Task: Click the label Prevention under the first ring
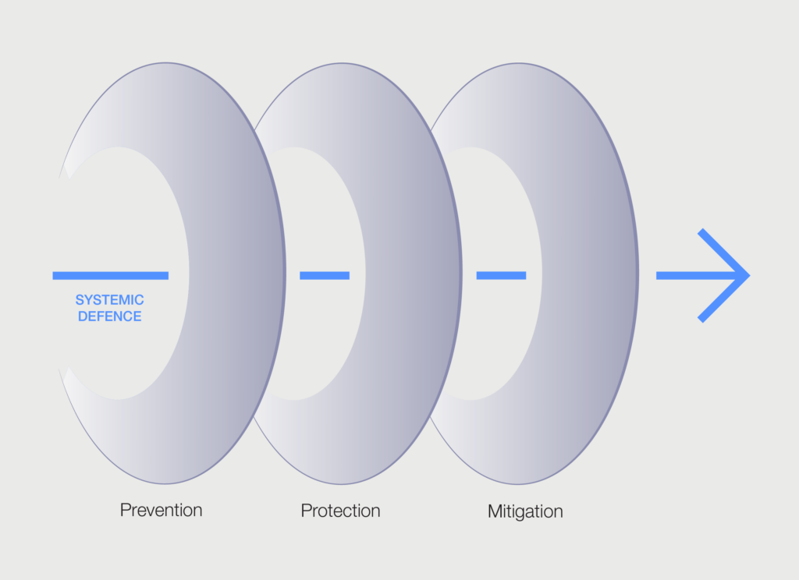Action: click(161, 510)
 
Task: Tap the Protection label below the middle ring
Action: click(340, 511)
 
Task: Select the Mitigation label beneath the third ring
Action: click(525, 511)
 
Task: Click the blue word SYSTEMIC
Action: click(109, 300)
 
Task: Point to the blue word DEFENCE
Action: click(109, 317)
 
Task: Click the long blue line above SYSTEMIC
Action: click(111, 275)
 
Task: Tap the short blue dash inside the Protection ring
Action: click(325, 275)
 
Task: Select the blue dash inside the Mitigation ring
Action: click(501, 275)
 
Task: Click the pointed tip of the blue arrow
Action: click(750, 275)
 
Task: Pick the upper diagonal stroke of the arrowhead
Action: click(723, 252)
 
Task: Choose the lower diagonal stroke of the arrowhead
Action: click(723, 299)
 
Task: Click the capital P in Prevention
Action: click(125, 510)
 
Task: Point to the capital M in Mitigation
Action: click(495, 511)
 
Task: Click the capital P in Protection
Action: click(306, 511)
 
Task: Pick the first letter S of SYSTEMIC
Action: click(80, 300)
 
